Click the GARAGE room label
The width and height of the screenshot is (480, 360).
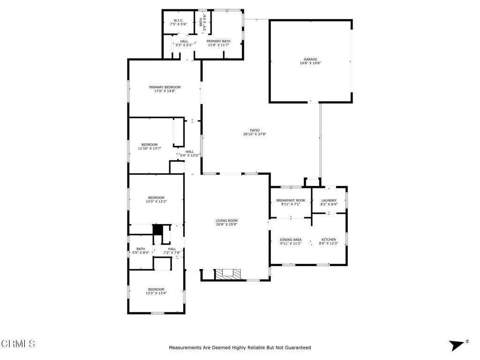(310, 60)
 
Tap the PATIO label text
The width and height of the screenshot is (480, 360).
(255, 130)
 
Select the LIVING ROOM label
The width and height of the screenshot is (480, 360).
(226, 221)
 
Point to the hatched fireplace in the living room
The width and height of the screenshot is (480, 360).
(228, 274)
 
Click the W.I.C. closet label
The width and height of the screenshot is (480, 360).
(179, 20)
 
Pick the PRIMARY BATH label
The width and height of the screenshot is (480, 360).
(218, 41)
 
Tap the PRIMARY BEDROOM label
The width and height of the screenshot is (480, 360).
(165, 87)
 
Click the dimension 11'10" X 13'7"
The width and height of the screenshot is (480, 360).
(150, 149)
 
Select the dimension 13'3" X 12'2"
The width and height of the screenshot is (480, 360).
(156, 202)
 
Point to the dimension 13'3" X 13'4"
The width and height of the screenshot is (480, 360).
(156, 293)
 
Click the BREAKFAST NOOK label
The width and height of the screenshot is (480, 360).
(291, 201)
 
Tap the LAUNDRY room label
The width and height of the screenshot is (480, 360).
(329, 201)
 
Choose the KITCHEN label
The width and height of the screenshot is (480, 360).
(329, 240)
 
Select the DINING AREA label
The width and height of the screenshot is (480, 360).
(291, 240)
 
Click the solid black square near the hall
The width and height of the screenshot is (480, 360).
(157, 230)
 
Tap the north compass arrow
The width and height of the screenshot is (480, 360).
(457, 345)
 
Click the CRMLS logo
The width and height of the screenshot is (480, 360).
(18, 344)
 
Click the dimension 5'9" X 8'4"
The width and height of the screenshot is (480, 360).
(141, 253)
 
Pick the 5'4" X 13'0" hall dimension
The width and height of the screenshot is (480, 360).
(189, 155)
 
